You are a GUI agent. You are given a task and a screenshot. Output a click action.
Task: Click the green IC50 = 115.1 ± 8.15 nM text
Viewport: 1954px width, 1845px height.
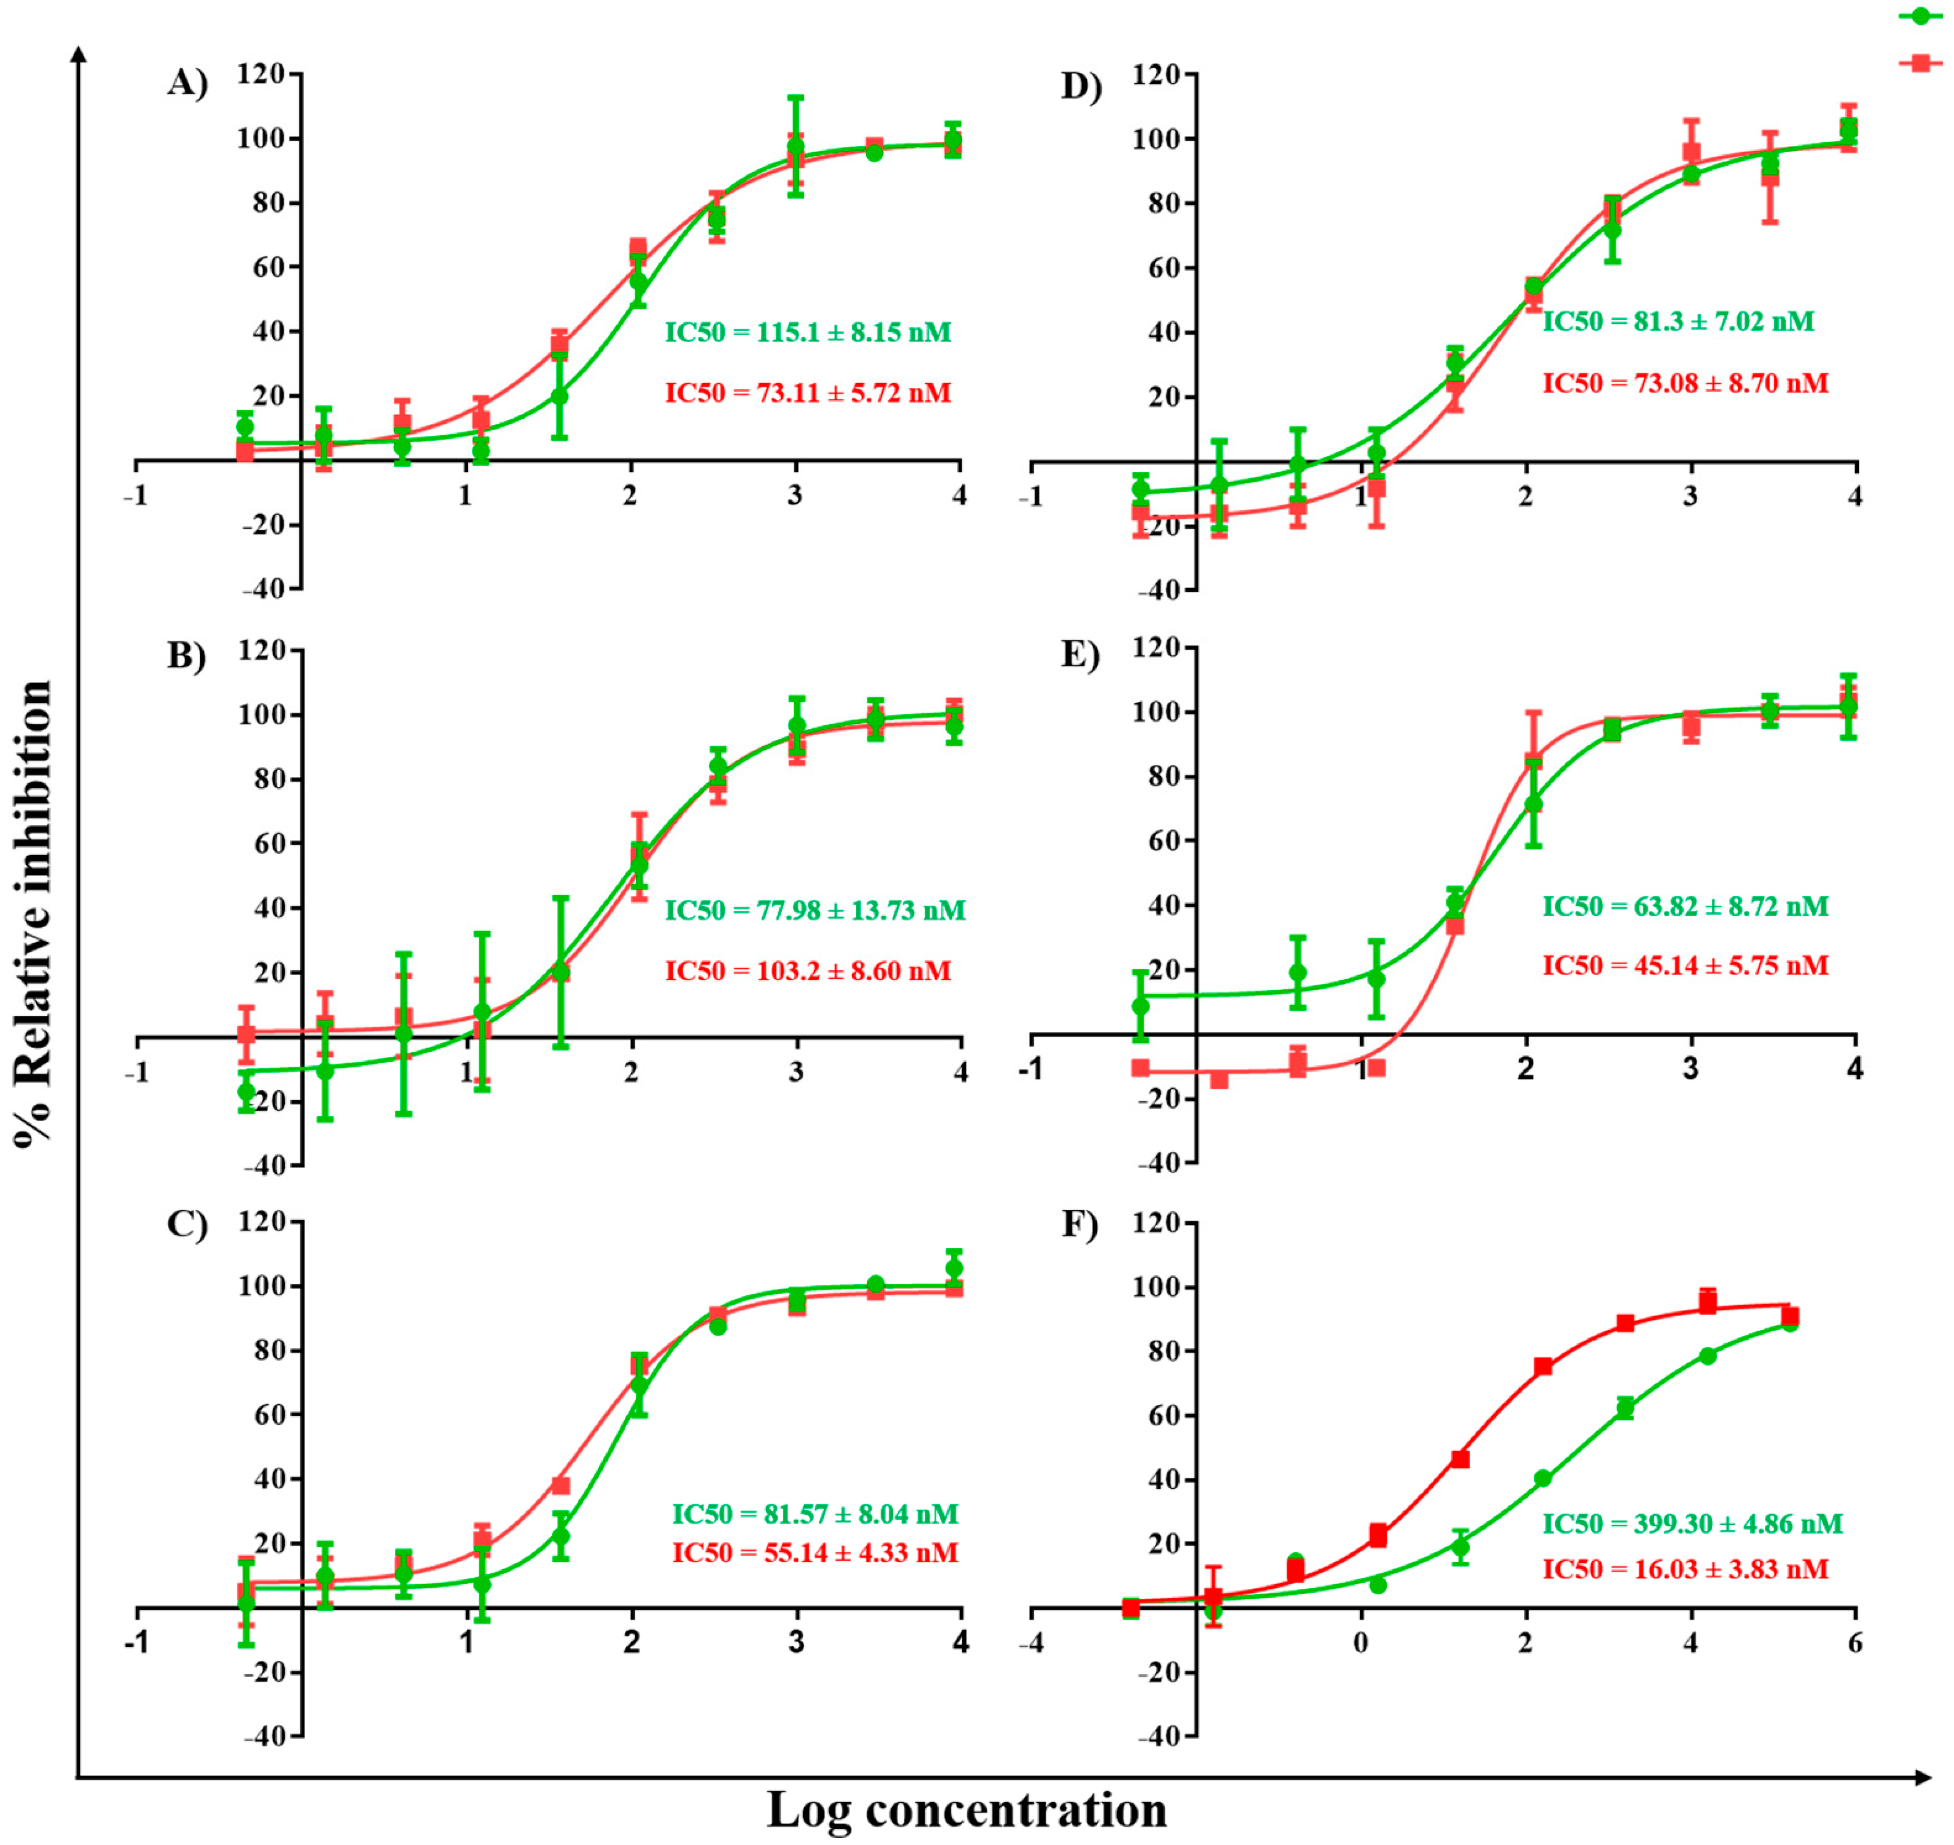(807, 332)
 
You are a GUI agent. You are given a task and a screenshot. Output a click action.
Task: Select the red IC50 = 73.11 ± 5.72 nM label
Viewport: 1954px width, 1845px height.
(807, 393)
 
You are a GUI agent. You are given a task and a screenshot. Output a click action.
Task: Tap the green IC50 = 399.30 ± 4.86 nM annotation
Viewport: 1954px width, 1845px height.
(1691, 1524)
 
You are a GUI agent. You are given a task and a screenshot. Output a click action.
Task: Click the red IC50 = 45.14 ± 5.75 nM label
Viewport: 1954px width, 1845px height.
(1685, 966)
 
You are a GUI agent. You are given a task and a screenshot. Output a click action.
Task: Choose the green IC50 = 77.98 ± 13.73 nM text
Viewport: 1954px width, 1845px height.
(814, 911)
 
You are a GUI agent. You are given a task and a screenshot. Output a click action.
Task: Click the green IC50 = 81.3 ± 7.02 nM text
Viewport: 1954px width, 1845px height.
(1678, 321)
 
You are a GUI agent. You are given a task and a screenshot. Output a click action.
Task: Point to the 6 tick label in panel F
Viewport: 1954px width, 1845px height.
(1855, 1644)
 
